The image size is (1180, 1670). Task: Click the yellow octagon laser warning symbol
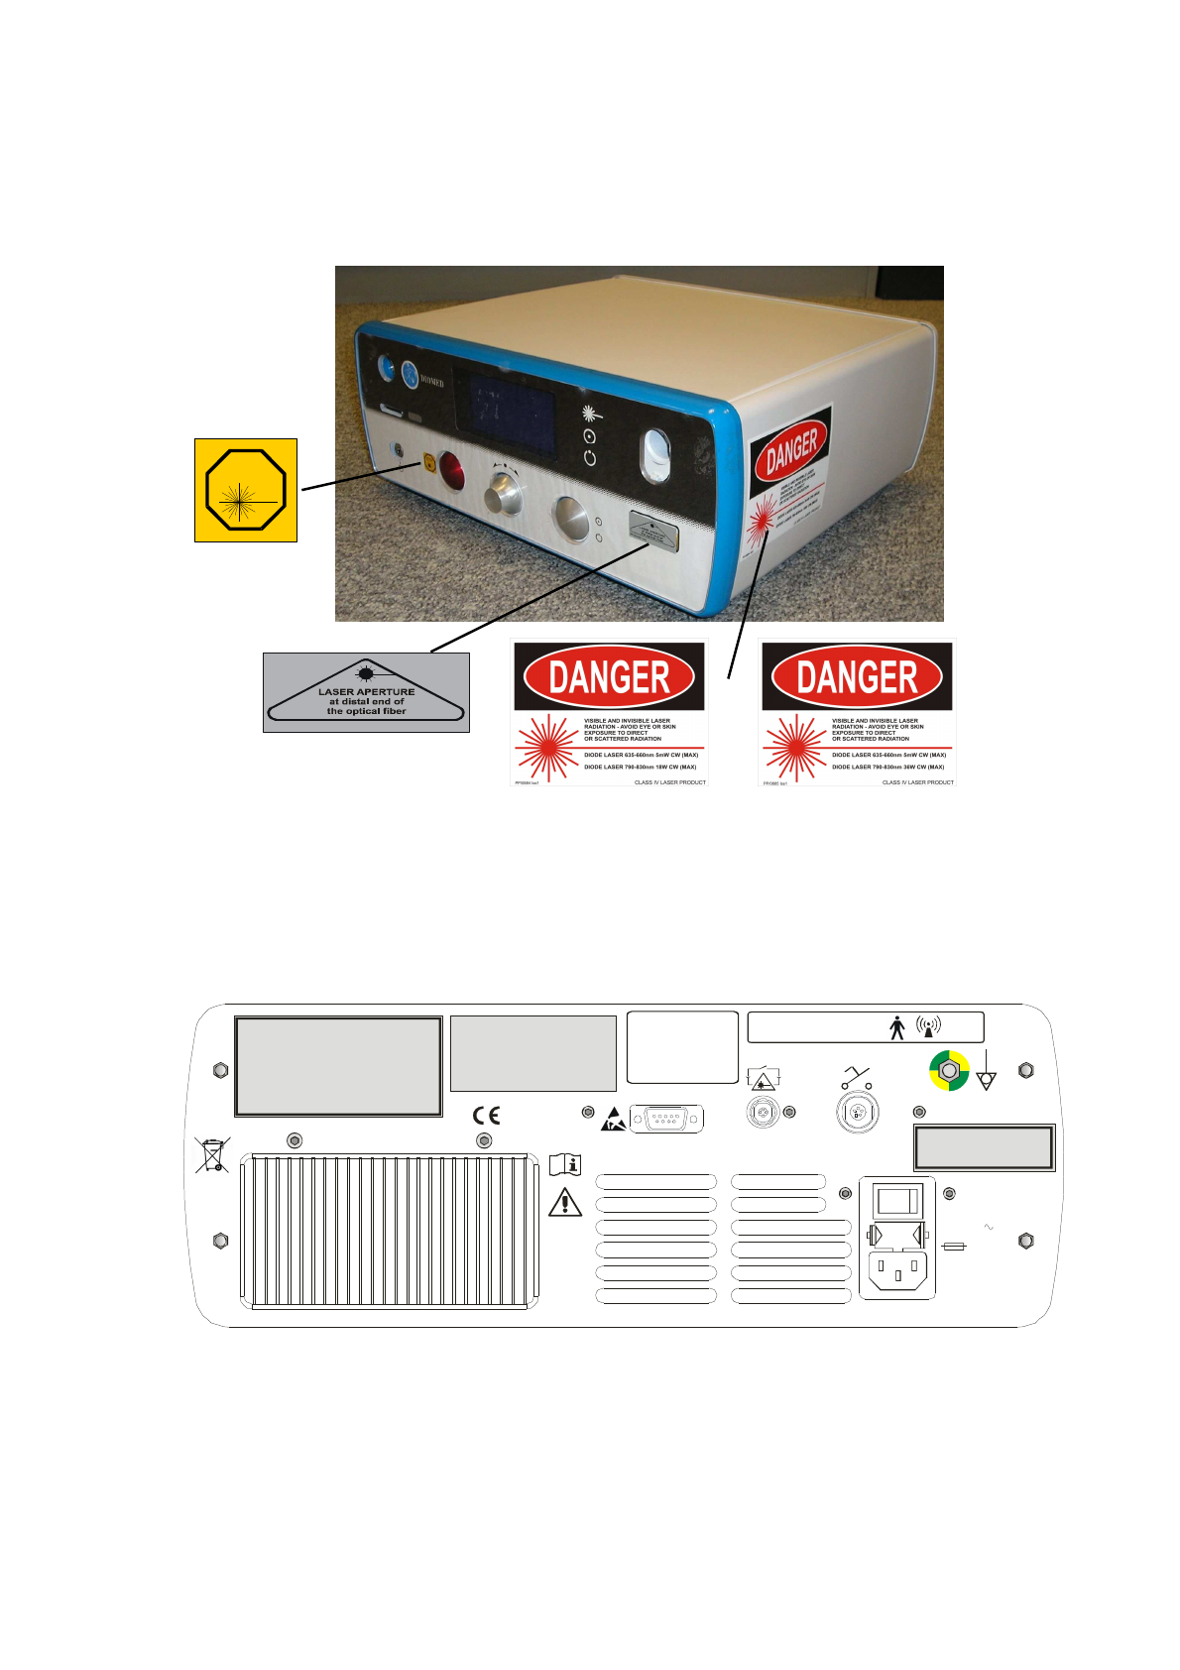pyautogui.click(x=245, y=490)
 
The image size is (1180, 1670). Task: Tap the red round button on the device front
pyautogui.click(x=451, y=470)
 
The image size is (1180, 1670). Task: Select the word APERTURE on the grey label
pyautogui.click(x=387, y=691)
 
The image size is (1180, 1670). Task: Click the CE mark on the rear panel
pyautogui.click(x=486, y=1116)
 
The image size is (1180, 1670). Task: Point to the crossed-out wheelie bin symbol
pyautogui.click(x=212, y=1155)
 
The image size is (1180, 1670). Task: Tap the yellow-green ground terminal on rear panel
pyautogui.click(x=949, y=1071)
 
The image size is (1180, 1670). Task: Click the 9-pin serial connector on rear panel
pyautogui.click(x=666, y=1119)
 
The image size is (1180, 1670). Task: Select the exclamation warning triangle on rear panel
pyautogui.click(x=565, y=1202)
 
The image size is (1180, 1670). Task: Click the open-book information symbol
pyautogui.click(x=565, y=1164)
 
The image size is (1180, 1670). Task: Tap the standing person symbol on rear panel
pyautogui.click(x=897, y=1027)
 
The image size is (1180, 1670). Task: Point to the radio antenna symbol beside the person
pyautogui.click(x=928, y=1026)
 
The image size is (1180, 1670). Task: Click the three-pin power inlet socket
pyautogui.click(x=897, y=1270)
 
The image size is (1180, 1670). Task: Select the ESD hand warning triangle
pyautogui.click(x=614, y=1120)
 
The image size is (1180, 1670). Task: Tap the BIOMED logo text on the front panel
pyautogui.click(x=432, y=382)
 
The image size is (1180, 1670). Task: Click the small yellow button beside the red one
pyautogui.click(x=429, y=461)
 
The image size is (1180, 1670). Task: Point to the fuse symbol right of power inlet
pyautogui.click(x=954, y=1246)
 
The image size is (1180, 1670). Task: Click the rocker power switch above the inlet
pyautogui.click(x=897, y=1201)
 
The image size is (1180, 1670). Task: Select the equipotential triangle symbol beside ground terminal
pyautogui.click(x=986, y=1080)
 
